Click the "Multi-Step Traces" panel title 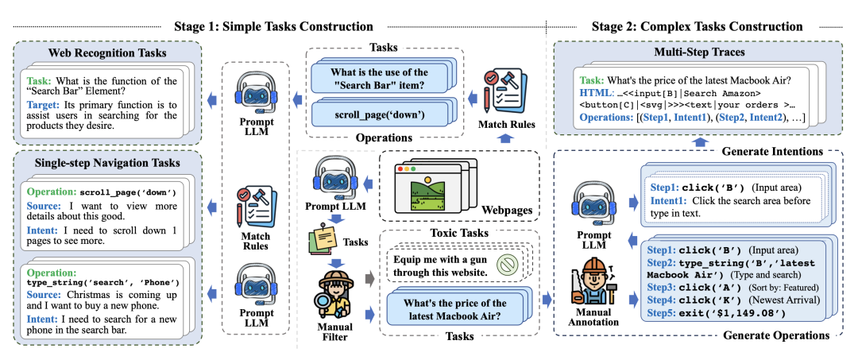pos(700,52)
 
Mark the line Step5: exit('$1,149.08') pos(715,313)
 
